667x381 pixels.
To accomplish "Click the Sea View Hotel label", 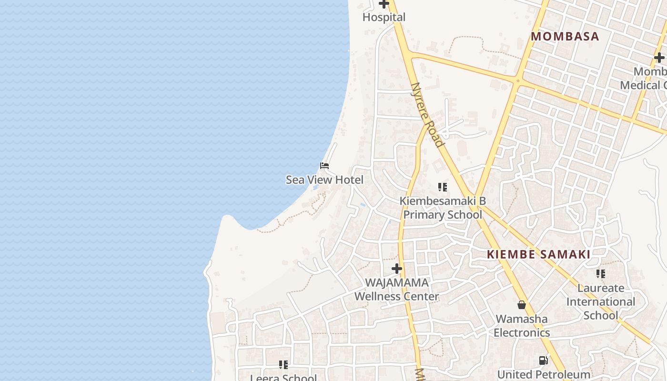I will click(x=324, y=180).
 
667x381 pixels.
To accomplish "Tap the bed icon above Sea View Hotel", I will click(x=324, y=166).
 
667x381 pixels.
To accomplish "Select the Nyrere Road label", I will click(x=427, y=115).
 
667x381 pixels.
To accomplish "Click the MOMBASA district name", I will click(x=565, y=37).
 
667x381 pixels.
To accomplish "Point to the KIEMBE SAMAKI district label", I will click(x=538, y=254).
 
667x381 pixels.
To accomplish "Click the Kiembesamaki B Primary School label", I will click(x=443, y=208).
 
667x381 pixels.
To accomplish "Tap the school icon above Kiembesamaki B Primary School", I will click(x=443, y=187).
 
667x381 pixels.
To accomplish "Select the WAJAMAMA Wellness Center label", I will click(x=396, y=290).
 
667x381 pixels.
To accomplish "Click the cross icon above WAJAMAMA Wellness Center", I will click(x=396, y=269).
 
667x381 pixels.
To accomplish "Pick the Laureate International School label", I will click(x=600, y=301).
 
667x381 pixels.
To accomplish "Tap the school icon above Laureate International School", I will click(x=601, y=274).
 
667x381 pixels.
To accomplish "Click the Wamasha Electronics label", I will click(x=522, y=326).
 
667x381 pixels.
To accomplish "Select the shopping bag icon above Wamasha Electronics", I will click(x=522, y=305).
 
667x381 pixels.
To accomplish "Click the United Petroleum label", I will click(x=544, y=374).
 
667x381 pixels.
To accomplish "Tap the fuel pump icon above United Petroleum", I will click(x=544, y=361).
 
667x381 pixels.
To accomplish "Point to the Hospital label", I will click(x=384, y=18).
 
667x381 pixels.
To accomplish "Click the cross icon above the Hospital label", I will click(x=384, y=4).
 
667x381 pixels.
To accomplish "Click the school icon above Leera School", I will click(x=283, y=365).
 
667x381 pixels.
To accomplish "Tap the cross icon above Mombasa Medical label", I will click(x=659, y=58).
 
